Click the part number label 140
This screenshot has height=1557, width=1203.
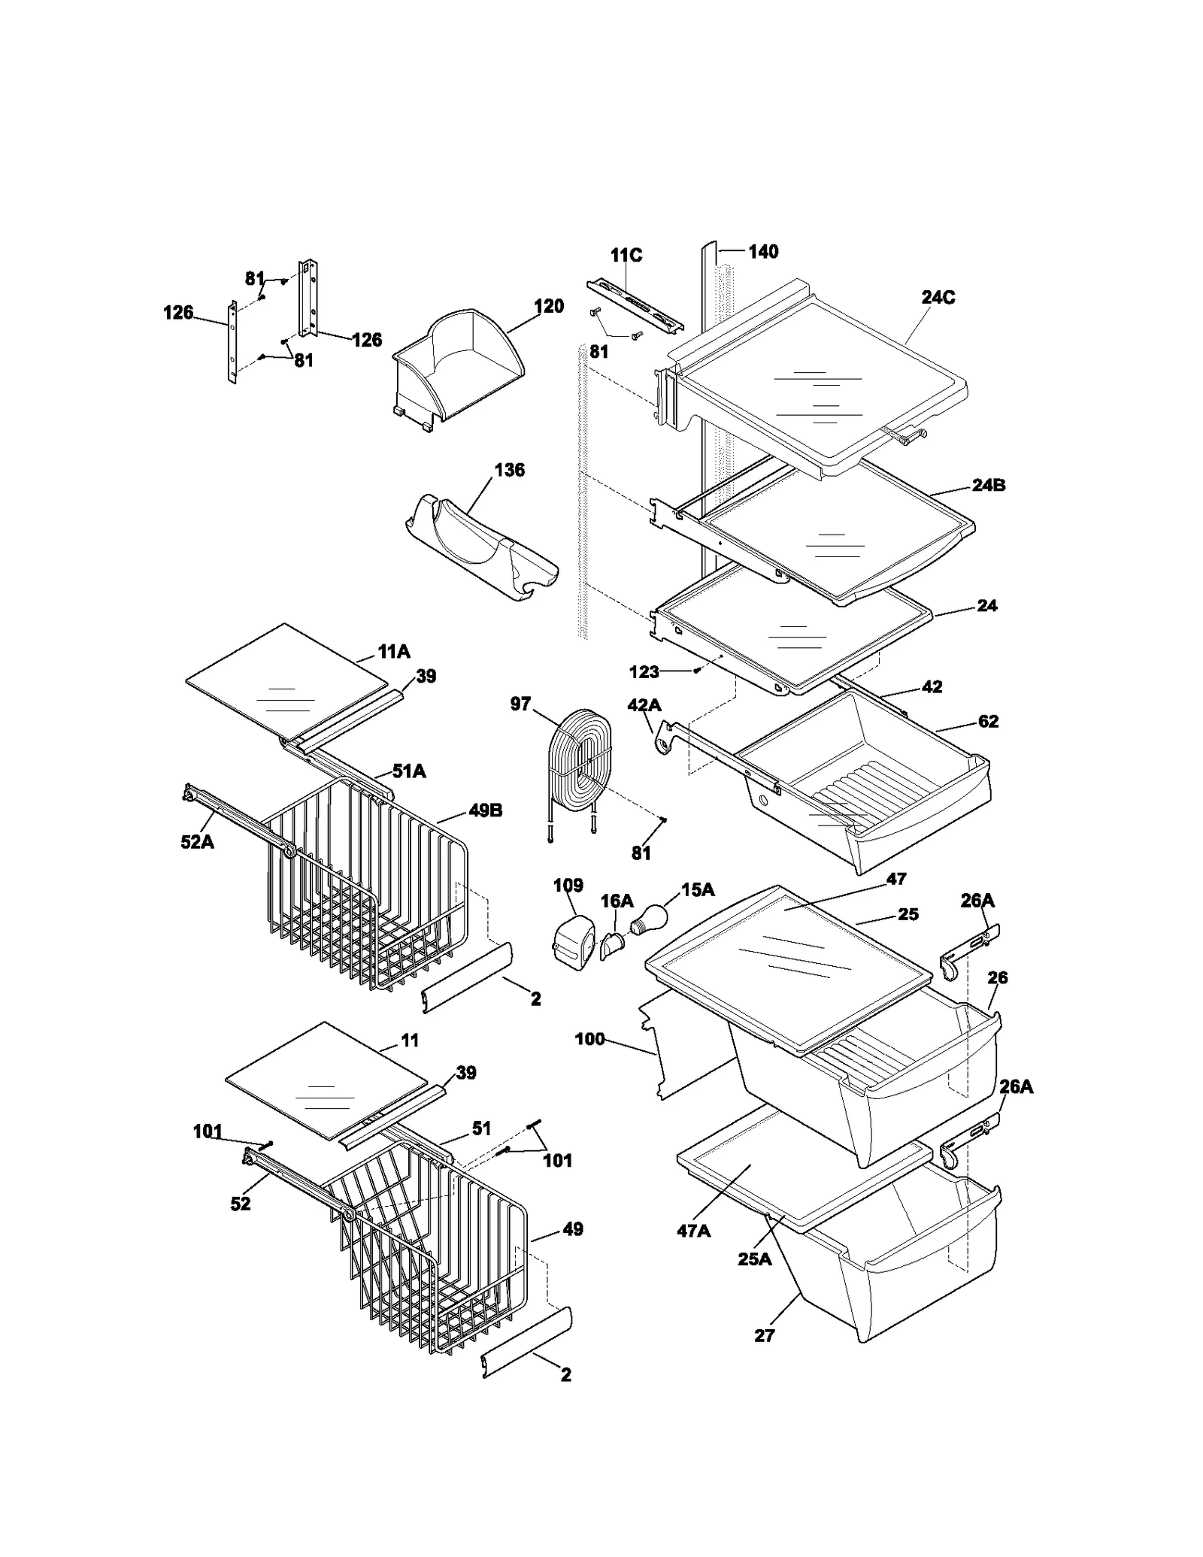click(762, 252)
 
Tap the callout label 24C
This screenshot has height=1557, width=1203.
click(938, 298)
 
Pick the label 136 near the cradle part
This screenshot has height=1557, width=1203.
click(509, 470)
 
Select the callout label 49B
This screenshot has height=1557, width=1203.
click(485, 810)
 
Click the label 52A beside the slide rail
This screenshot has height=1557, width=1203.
click(197, 842)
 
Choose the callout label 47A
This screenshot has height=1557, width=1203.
click(693, 1231)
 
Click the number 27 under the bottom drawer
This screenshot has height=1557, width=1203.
click(764, 1336)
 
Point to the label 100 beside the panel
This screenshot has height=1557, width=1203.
click(589, 1039)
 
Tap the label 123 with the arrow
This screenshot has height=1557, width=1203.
click(644, 671)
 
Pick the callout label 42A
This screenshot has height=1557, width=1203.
click(644, 705)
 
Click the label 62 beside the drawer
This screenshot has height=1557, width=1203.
click(988, 722)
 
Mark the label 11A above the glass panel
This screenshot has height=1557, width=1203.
click(394, 652)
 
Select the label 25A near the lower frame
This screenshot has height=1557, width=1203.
click(754, 1259)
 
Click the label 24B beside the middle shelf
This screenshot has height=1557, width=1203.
click(988, 486)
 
